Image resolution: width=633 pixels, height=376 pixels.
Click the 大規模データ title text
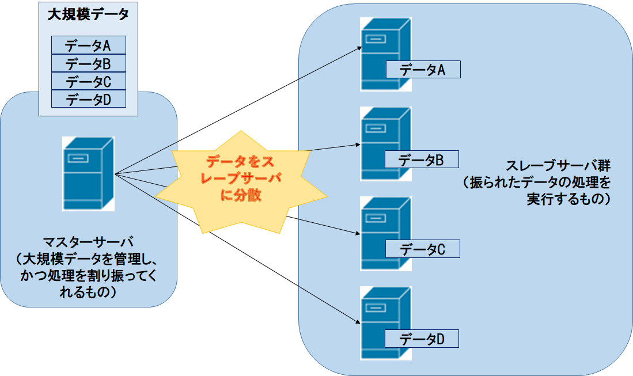pos(88,14)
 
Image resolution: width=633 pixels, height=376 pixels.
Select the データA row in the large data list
pos(88,45)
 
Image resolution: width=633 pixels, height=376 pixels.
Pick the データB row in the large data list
pos(88,63)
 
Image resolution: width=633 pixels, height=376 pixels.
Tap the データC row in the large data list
pos(88,81)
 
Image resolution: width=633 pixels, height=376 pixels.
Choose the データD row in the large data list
pos(88,98)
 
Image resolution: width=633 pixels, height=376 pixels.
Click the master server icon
pos(88,173)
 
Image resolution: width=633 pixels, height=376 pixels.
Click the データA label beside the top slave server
pos(422,70)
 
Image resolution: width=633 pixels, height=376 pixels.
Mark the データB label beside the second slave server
pos(422,159)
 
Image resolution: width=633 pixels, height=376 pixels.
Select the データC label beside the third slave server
pos(422,249)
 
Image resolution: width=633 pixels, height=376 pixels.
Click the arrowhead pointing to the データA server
pos(356,49)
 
